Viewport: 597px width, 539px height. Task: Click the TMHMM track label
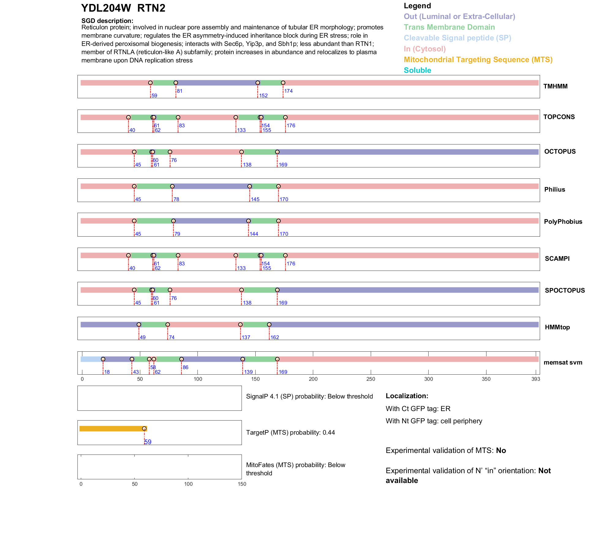(x=555, y=86)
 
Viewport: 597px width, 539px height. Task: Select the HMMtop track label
(x=557, y=327)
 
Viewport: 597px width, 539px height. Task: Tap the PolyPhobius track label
(x=563, y=222)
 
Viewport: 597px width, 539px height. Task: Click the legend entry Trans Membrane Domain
(x=449, y=27)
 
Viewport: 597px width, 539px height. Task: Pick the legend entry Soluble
(x=417, y=70)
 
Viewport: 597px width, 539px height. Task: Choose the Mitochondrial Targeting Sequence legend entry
(x=478, y=60)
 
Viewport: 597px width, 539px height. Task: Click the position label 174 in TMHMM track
(x=288, y=91)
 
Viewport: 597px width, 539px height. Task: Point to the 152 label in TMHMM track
(x=263, y=95)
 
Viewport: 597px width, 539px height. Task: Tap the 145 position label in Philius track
(x=255, y=199)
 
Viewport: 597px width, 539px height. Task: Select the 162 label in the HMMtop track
(x=275, y=337)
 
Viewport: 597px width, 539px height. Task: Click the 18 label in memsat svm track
(x=107, y=372)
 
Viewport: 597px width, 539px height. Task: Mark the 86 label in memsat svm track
(x=186, y=367)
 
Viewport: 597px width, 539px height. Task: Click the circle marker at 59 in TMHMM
(x=150, y=83)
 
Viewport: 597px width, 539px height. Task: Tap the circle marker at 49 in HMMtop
(x=139, y=324)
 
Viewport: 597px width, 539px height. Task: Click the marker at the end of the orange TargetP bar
(x=144, y=429)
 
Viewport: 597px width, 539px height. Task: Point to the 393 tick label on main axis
(x=536, y=379)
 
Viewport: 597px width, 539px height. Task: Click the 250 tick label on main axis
(x=371, y=379)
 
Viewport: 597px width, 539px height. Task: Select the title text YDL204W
(x=106, y=8)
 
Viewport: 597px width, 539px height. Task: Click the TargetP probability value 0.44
(x=329, y=432)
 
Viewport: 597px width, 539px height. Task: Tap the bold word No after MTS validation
(x=501, y=451)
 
